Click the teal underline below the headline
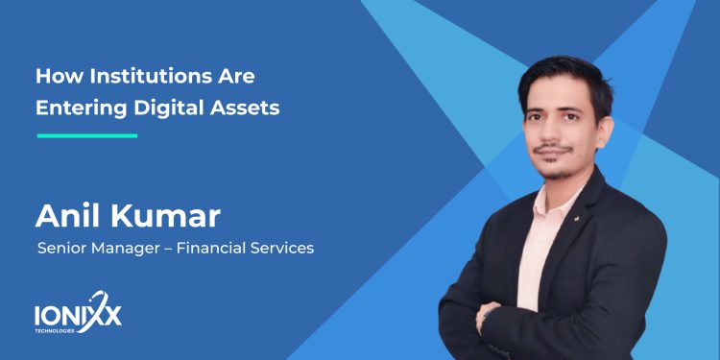(x=86, y=135)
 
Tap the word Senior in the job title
(x=60, y=249)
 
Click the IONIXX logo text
(x=77, y=313)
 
